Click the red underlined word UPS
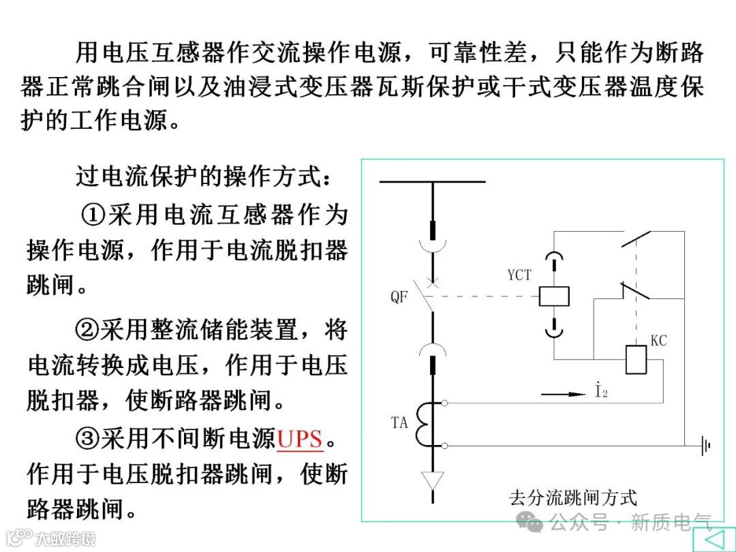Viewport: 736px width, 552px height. coord(300,439)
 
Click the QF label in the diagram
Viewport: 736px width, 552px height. coord(399,298)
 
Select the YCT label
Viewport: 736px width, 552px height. coord(519,275)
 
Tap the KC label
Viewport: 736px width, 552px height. coord(658,340)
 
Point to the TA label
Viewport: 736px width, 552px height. coord(399,423)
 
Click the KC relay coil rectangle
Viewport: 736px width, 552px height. coord(636,360)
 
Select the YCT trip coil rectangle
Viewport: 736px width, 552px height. coord(554,296)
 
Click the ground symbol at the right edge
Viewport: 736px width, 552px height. coord(705,446)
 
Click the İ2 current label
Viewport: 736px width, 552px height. coord(600,392)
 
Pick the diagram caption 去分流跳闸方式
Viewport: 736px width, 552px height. coord(572,497)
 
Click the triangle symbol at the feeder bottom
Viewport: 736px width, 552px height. coord(432,479)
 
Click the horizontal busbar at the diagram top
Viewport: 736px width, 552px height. coord(432,182)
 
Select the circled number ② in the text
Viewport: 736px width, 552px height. coord(87,331)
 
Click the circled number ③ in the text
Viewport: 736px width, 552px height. coord(87,439)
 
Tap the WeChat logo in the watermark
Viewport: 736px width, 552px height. coord(530,523)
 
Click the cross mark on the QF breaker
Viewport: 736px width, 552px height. coord(431,281)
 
